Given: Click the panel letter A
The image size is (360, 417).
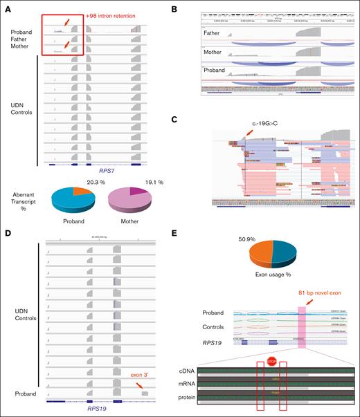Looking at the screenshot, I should pyautogui.click(x=6, y=6).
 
